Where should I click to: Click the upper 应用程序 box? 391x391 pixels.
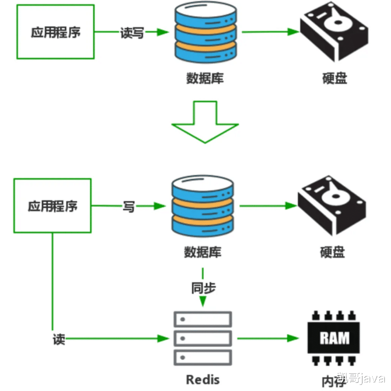56,32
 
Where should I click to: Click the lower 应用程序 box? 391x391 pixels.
53,206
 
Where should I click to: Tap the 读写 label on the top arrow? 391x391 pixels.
133,32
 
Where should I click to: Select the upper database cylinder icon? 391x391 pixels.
205,33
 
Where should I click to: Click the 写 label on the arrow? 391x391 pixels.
128,206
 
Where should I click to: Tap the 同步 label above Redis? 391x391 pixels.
203,288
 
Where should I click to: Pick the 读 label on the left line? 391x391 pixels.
59,339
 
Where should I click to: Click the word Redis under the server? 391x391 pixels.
203,379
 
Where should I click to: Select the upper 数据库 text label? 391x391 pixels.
205,79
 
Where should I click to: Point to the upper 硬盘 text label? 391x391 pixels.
335,79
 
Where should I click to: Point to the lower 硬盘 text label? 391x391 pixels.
332,252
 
